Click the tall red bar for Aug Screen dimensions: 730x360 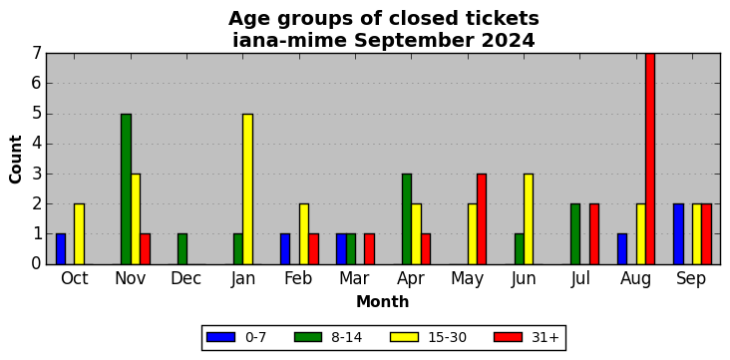pos(650,159)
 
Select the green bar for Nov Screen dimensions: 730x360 pos(126,189)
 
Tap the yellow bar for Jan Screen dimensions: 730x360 pos(247,189)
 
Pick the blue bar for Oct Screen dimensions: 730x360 pos(61,249)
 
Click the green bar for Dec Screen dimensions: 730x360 pos(182,249)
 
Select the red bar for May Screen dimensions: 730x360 pos(482,218)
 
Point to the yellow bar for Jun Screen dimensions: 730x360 pos(529,218)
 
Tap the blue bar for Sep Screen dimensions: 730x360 pos(678,234)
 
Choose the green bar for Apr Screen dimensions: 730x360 pos(407,218)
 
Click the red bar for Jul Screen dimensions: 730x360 pos(594,234)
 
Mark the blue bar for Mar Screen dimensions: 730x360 pos(341,249)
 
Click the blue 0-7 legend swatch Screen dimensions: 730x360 pos(220,337)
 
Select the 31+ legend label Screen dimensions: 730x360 pos(545,337)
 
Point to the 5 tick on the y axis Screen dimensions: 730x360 pos(36,114)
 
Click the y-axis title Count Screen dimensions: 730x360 pos(15,160)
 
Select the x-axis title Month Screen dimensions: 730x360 pos(382,302)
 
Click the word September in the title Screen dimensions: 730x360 pos(414,41)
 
